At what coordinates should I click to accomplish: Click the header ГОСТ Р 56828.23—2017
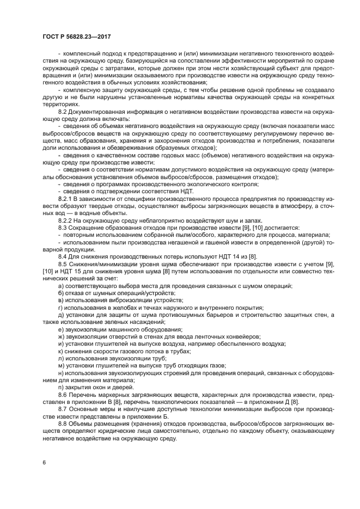click(80, 37)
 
